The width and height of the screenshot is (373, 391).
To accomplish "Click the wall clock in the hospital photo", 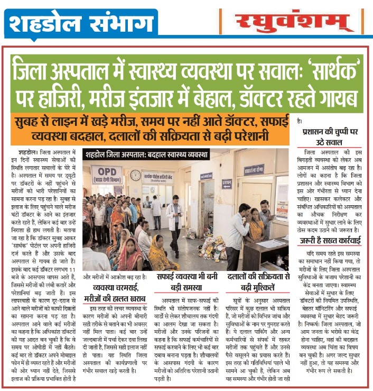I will click(135, 175).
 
